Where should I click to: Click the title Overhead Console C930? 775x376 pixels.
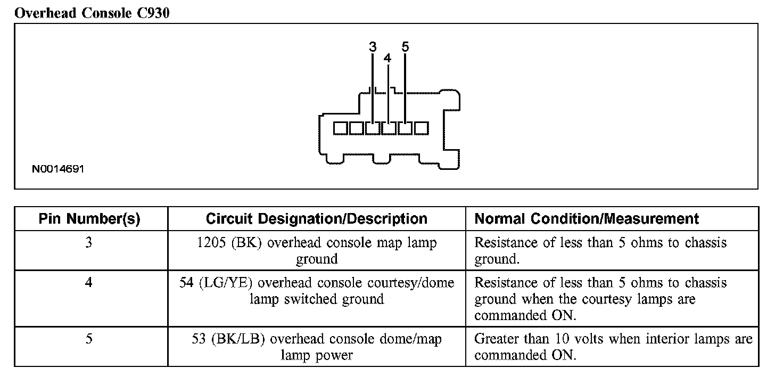[x=92, y=13]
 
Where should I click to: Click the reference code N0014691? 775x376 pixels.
[x=58, y=169]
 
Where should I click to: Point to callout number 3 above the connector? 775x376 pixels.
[x=373, y=47]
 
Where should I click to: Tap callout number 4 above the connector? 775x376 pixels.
[x=387, y=58]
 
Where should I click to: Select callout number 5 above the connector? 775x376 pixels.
[x=405, y=47]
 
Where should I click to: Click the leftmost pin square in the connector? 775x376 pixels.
[x=340, y=128]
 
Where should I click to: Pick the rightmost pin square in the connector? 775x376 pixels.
[x=422, y=128]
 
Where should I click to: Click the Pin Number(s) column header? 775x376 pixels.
[x=89, y=219]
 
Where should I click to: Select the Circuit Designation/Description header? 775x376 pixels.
[x=316, y=219]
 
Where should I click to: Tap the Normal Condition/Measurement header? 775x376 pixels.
[x=587, y=219]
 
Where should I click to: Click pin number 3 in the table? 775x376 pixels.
[x=89, y=243]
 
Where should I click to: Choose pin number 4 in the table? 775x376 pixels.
[x=89, y=283]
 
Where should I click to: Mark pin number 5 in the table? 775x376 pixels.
[x=89, y=339]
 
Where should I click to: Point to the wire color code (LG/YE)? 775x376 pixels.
[x=225, y=283]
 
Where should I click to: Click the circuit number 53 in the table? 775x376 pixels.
[x=199, y=339]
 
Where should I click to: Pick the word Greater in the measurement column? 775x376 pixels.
[x=496, y=339]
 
